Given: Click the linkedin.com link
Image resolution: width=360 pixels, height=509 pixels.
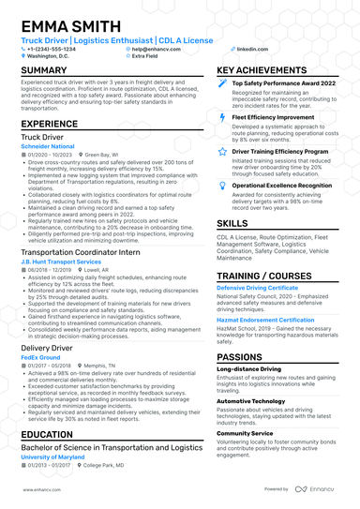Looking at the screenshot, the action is [247, 47].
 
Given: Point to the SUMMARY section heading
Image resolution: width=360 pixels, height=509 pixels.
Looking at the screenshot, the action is [44, 70].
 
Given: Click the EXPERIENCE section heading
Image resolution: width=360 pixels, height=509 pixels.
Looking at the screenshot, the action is [50, 124].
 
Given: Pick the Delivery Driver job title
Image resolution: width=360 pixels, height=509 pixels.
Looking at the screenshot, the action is [47, 347].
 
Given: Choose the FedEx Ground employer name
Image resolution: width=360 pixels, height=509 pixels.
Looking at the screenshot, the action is [42, 357].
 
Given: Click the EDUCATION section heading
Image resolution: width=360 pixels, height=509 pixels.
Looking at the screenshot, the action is [47, 435].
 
